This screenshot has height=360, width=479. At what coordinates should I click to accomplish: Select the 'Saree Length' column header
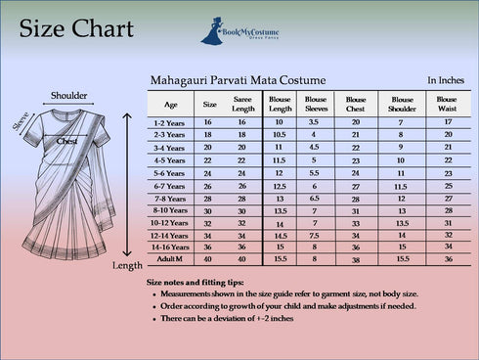point(243,103)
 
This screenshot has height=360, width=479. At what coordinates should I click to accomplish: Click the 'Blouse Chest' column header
point(355,103)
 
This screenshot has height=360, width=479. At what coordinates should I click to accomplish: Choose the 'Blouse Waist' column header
point(447,103)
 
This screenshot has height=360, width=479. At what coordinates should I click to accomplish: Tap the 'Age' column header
point(172,103)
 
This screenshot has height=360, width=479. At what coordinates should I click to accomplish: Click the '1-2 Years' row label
point(172,121)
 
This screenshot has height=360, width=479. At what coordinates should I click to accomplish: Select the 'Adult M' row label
point(172,259)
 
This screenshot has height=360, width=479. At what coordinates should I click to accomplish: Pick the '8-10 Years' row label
point(172,210)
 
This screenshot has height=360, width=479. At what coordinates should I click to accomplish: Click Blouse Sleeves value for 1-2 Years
point(315,121)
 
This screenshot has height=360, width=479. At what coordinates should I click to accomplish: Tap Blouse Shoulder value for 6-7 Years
point(401,185)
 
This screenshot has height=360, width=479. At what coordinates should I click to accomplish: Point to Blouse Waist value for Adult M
point(447,259)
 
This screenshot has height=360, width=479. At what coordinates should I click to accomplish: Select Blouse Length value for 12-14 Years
point(280,236)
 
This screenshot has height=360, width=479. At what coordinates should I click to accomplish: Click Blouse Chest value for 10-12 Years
point(355,223)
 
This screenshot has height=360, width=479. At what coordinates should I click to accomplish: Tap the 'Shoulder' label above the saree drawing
point(68,96)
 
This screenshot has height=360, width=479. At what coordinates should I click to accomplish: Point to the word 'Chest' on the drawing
point(66,141)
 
